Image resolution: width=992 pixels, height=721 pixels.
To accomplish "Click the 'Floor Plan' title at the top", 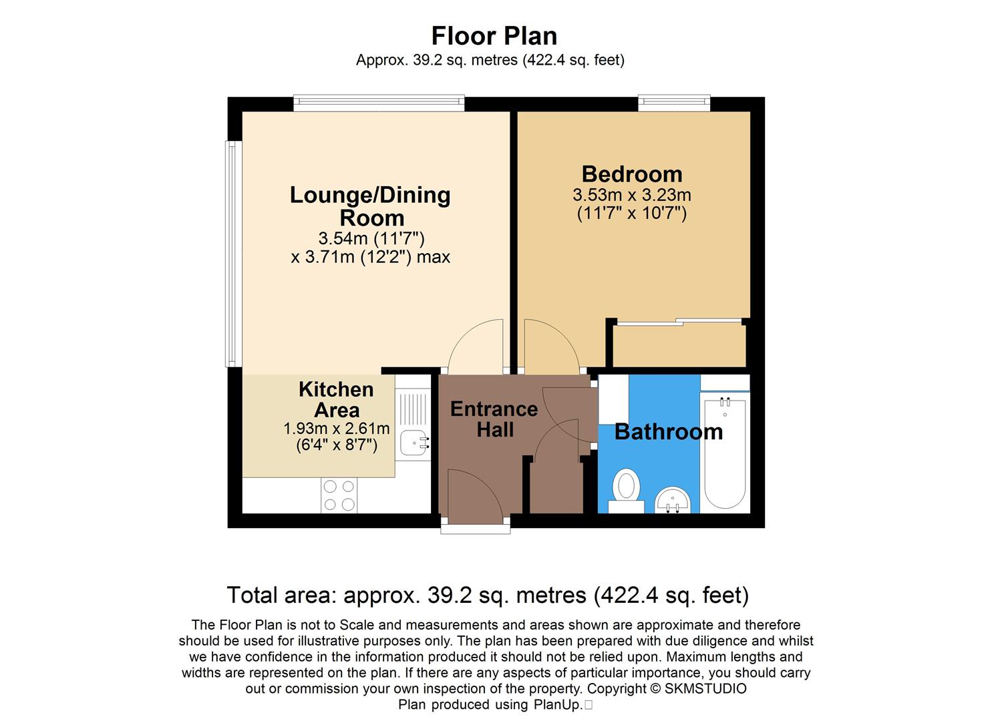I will pos(494,35).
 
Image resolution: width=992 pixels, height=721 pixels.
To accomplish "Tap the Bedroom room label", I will pos(632,174).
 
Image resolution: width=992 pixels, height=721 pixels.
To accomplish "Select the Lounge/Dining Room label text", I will pos(370,206).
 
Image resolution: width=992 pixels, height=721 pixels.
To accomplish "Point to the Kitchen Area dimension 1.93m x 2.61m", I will pos(336,429).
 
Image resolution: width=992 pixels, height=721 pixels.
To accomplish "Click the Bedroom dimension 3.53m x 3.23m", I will pos(632,196).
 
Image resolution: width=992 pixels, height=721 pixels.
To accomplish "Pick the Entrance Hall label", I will pos(494,419).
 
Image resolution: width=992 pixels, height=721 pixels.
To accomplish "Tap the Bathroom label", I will pos(668,432).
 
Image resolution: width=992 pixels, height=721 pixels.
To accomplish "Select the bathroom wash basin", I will pos(673,499).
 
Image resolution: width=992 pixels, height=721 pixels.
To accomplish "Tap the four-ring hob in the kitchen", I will pos(339,495).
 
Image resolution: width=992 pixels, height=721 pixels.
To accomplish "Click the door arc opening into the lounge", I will pos(477,348).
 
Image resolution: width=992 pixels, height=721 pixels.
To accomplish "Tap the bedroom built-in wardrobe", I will pos(679,345).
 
